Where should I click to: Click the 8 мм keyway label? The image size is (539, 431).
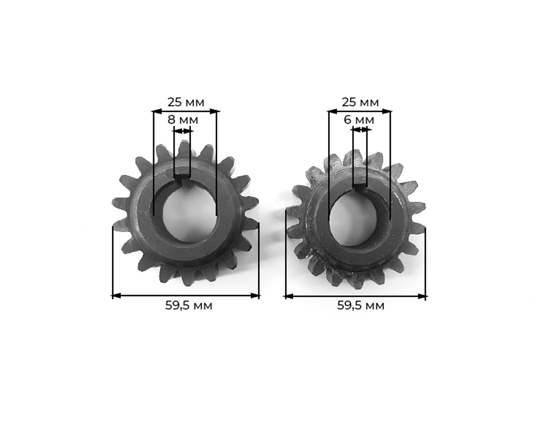(183, 120)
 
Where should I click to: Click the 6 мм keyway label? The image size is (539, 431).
(359, 120)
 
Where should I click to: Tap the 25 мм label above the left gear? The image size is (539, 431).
(185, 102)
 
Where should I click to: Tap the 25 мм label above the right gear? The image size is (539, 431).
(360, 102)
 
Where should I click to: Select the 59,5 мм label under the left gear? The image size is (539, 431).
(189, 305)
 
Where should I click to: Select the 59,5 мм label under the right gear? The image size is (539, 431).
(361, 305)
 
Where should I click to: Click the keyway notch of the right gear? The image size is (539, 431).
(360, 188)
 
